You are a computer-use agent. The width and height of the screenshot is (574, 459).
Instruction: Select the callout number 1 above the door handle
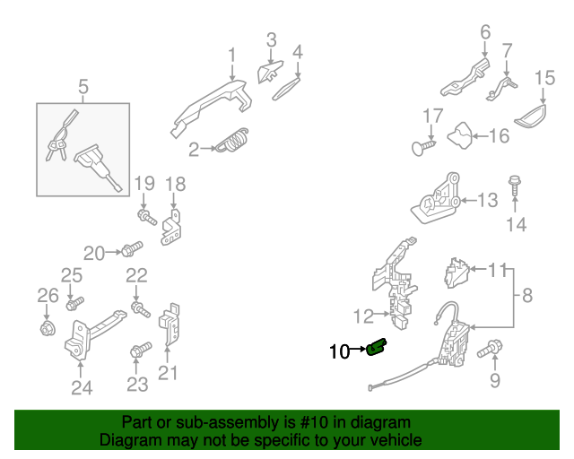tap(231, 56)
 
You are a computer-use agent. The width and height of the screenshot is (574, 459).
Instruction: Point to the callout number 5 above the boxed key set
tap(83, 87)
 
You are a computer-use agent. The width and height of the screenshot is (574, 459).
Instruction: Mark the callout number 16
tap(498, 136)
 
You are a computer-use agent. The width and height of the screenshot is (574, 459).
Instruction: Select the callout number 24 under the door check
tap(82, 387)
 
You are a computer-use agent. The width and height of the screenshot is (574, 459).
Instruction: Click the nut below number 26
tap(47, 328)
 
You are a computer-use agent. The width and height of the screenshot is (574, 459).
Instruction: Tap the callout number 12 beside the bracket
tap(362, 316)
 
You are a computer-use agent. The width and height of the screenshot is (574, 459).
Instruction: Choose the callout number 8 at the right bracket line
tap(526, 294)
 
